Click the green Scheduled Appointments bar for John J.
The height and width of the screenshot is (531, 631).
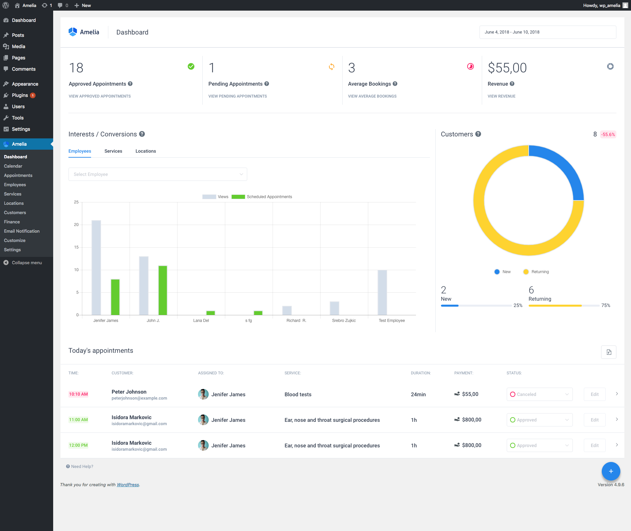tap(163, 290)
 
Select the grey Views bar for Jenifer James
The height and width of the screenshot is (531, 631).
tap(96, 267)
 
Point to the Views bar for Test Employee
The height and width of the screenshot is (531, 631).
tap(382, 292)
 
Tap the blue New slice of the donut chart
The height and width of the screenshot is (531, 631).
tap(562, 169)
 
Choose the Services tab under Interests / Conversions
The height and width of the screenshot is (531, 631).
tap(113, 151)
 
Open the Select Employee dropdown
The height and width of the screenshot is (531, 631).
tap(158, 174)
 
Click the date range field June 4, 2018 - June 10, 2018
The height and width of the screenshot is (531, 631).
tap(547, 32)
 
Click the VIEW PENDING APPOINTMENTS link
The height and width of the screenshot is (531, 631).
tap(238, 96)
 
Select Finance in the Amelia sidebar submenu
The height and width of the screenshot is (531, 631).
tap(12, 222)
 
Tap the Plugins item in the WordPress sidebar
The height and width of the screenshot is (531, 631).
tap(20, 95)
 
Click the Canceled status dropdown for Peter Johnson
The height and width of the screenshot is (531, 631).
tap(539, 394)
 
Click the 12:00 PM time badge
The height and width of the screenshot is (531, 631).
tap(78, 445)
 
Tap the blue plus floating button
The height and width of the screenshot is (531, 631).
tap(611, 471)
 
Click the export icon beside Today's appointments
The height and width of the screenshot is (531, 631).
tap(608, 352)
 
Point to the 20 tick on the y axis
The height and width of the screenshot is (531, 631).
tap(76, 225)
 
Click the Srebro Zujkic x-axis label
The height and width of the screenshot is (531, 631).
tap(344, 321)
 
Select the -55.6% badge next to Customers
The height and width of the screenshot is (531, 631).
tap(608, 134)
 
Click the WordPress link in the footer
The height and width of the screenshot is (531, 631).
tap(128, 485)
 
